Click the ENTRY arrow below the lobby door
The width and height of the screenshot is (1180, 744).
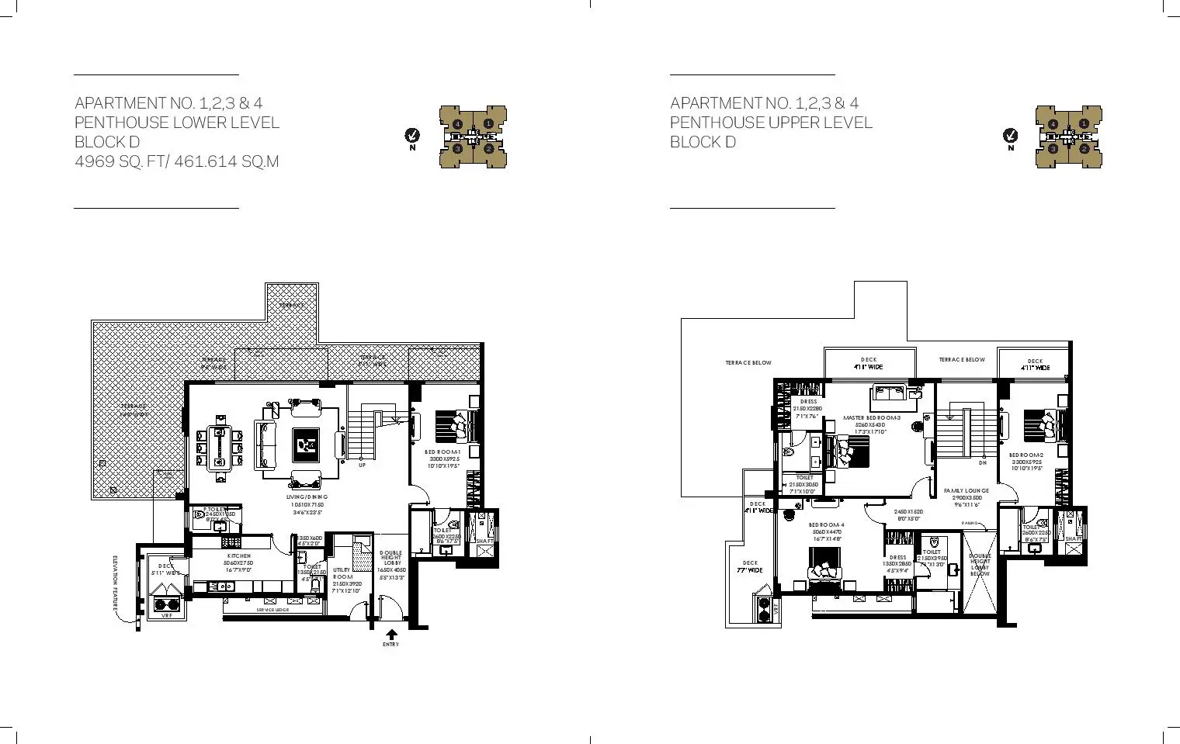391,635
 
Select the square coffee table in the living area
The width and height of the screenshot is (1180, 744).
305,444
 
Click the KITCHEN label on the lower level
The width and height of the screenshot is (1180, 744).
238,556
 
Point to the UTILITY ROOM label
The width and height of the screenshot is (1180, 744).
342,574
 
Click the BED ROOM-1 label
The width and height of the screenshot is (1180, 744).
443,452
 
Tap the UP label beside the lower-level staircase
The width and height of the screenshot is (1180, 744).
362,465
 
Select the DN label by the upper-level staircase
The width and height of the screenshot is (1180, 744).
982,463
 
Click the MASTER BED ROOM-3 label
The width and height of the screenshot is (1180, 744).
871,418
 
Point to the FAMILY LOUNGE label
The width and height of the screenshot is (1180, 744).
966,491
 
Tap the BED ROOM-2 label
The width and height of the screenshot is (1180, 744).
1026,455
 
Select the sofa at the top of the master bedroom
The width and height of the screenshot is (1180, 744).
895,396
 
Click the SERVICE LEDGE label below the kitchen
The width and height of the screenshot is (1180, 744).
272,611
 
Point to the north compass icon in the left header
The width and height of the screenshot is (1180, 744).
412,137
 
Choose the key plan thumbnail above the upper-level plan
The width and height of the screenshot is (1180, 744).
1068,137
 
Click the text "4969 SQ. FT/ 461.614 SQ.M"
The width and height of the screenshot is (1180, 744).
176,161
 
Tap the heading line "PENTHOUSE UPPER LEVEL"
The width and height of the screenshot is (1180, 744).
771,123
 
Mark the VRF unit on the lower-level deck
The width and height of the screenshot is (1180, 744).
166,606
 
